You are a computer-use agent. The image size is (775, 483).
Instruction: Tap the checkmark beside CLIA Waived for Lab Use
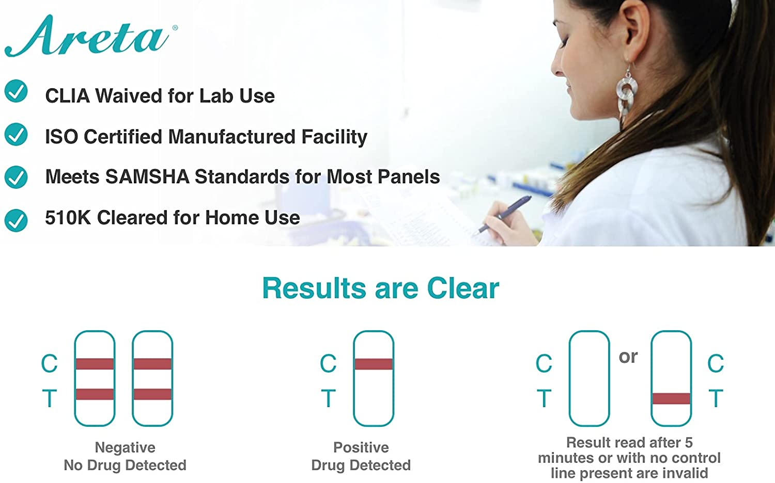tap(16, 91)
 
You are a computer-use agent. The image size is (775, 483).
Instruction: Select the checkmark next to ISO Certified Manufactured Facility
tap(16, 134)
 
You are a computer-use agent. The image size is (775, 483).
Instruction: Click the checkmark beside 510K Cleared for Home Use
tap(16, 220)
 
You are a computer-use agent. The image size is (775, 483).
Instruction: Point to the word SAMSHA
tap(147, 176)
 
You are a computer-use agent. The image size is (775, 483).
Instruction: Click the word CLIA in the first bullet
tap(68, 95)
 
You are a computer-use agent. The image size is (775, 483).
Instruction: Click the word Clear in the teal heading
tap(463, 288)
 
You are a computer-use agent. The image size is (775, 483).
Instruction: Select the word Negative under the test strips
tap(125, 447)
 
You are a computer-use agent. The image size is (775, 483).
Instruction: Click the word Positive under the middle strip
tap(361, 447)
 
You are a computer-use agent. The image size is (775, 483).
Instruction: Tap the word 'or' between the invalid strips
tap(628, 357)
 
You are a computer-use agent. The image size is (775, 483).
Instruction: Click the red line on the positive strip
tap(374, 364)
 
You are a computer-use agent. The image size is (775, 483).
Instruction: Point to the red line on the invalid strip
tap(671, 399)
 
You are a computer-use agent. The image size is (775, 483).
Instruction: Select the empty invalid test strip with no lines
tap(589, 378)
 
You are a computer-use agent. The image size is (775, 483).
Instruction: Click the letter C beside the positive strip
tap(328, 363)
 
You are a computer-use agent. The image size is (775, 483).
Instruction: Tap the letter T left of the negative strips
tap(50, 398)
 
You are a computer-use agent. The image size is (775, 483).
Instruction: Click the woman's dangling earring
tap(627, 92)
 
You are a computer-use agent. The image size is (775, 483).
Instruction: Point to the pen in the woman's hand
tap(504, 214)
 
